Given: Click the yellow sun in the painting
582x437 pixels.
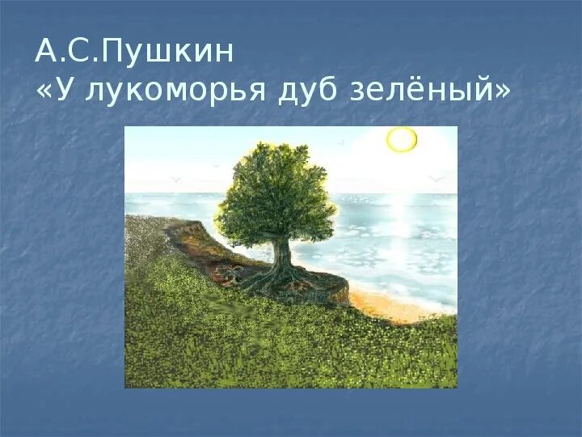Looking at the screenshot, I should [x=401, y=139].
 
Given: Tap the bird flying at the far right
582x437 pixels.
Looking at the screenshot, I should [x=437, y=178].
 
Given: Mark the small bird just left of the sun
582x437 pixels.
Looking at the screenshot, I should [x=341, y=142].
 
